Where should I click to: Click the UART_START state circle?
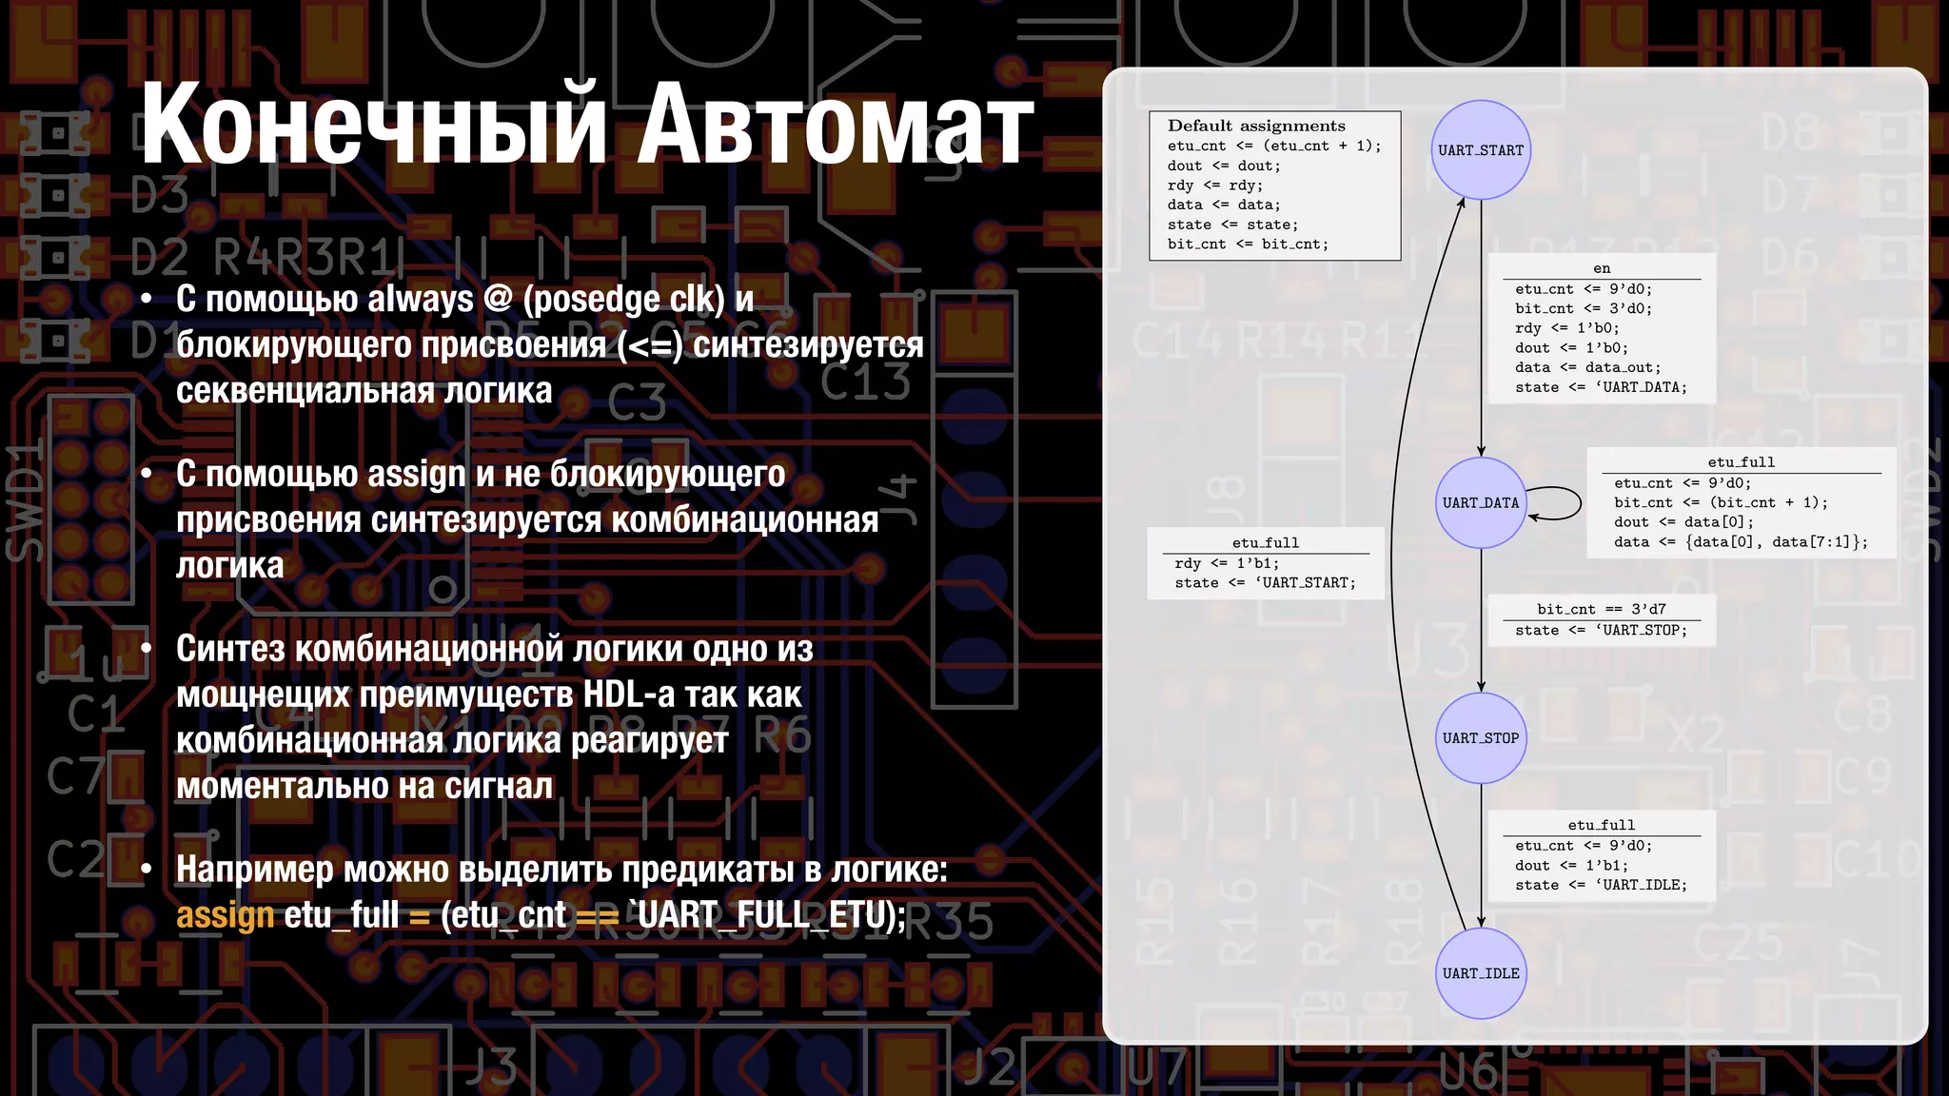point(1481,150)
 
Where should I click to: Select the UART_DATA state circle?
point(1481,502)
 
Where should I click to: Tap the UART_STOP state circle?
point(1481,737)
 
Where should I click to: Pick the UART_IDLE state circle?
point(1481,972)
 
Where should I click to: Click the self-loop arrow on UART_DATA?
point(1561,502)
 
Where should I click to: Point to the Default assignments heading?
point(1256,126)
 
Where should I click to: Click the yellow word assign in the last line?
point(225,914)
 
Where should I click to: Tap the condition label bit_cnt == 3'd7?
point(1601,609)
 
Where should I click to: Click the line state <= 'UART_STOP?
point(1601,630)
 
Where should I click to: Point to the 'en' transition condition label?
point(1602,268)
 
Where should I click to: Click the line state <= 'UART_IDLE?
point(1601,885)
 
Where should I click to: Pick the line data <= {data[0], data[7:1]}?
point(1741,541)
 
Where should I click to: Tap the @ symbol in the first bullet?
point(498,299)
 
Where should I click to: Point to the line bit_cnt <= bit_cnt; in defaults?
point(1248,244)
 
